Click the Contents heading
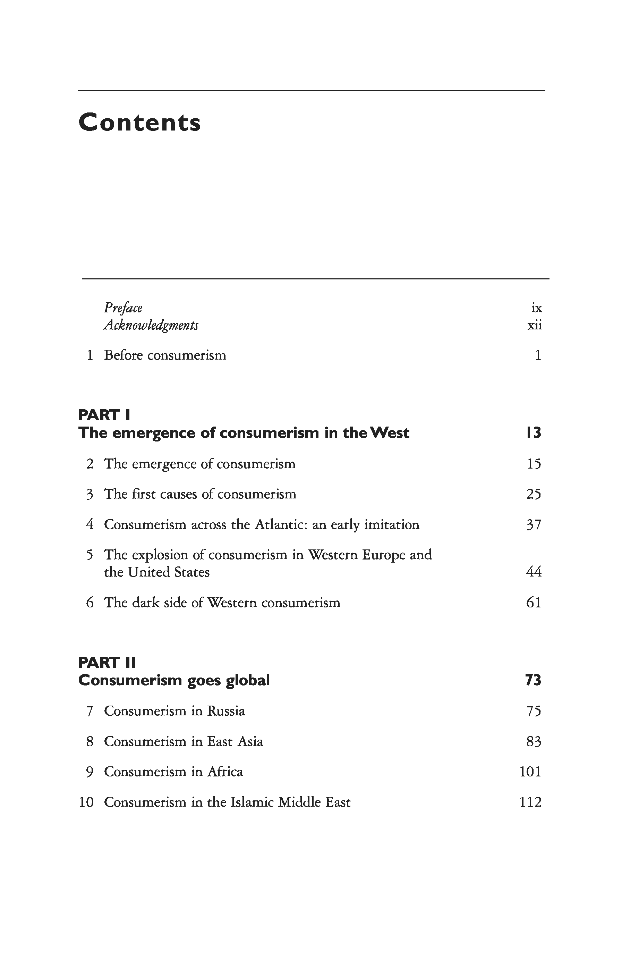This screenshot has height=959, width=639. click(x=139, y=122)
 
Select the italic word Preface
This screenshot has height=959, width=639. click(x=123, y=308)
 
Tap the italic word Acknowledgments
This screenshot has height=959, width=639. click(x=151, y=325)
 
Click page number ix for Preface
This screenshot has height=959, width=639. click(x=537, y=308)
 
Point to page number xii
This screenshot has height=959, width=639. click(x=535, y=325)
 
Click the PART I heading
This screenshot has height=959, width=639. click(x=104, y=415)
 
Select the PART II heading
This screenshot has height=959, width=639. click(x=107, y=663)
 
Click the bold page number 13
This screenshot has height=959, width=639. click(x=534, y=432)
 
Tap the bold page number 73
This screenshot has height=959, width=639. click(x=533, y=680)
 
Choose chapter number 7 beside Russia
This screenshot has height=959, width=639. click(x=90, y=711)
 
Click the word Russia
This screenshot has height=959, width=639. click(x=226, y=711)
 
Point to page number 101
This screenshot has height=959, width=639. click(x=530, y=772)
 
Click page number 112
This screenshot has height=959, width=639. click(x=530, y=802)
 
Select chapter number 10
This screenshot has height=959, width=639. click(x=86, y=802)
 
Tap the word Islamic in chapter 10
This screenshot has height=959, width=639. click(x=253, y=802)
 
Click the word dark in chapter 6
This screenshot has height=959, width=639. click(x=145, y=603)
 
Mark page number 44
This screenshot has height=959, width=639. click(x=534, y=572)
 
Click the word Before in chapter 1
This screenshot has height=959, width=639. click(x=123, y=355)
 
